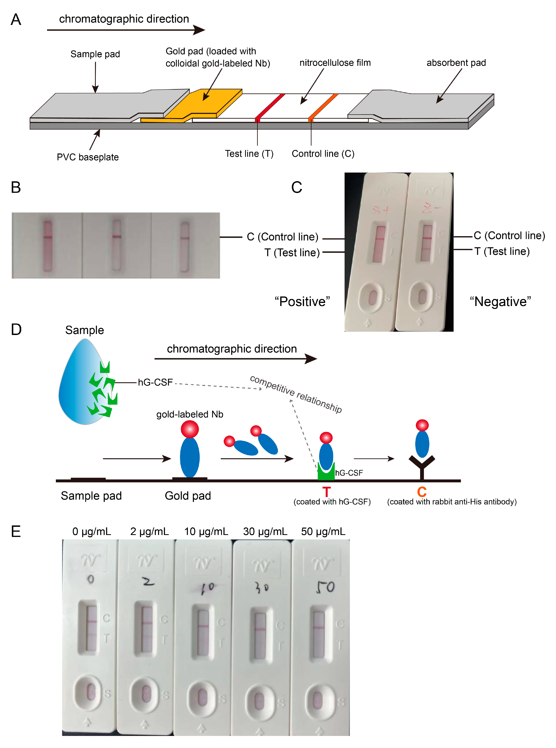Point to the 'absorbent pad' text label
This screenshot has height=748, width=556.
click(x=456, y=63)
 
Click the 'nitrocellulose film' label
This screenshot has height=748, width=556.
click(x=335, y=63)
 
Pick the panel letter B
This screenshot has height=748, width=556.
click(x=16, y=187)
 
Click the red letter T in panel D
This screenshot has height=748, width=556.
click(x=326, y=492)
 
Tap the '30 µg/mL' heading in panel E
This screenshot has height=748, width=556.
click(x=265, y=531)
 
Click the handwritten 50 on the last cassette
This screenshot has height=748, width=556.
click(x=325, y=587)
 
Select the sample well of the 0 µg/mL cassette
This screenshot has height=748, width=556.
click(x=90, y=693)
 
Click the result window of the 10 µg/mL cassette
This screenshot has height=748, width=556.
click(x=203, y=632)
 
